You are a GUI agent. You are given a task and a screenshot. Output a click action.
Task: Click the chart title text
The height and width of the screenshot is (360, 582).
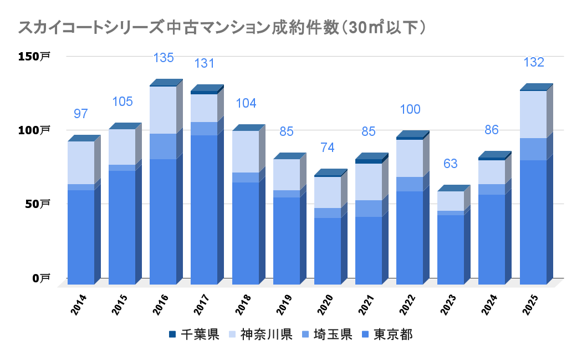pos(222,27)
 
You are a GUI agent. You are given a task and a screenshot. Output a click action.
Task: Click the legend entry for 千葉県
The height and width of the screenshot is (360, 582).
pos(194,334)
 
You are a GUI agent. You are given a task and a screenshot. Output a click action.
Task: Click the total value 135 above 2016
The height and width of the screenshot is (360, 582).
pos(164,58)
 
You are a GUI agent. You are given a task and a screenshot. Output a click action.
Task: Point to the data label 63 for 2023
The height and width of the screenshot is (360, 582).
pos(451,164)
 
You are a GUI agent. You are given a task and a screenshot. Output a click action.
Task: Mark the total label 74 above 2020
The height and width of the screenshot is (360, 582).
pos(327,148)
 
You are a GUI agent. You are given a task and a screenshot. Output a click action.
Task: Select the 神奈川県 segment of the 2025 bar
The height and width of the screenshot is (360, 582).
pos(533,114)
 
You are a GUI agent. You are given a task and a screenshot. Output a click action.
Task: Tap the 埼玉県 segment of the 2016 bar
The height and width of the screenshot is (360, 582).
pos(163,146)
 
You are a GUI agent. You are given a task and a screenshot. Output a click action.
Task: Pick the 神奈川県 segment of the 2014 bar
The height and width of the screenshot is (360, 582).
pos(81,163)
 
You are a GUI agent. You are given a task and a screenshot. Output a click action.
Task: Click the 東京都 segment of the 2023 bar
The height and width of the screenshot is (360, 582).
pos(451,250)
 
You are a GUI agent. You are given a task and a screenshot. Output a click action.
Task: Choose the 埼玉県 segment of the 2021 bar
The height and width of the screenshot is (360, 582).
pos(369,209)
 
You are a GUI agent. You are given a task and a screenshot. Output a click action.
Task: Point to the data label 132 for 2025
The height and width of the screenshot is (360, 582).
pos(534,63)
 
